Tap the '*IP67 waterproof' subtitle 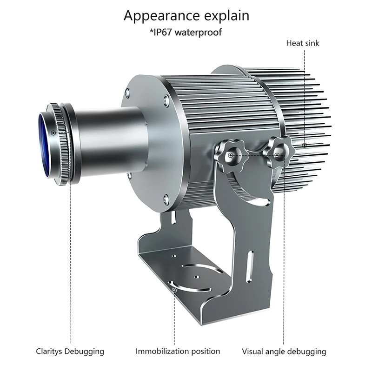[x=186, y=32]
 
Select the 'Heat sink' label [x=303, y=43]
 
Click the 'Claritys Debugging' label [x=70, y=351]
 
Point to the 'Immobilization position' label [x=174, y=351]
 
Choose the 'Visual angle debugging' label [x=284, y=351]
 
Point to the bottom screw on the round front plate [x=166, y=200]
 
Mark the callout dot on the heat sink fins [x=305, y=145]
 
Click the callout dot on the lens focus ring [x=54, y=133]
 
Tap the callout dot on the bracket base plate [x=174, y=290]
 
